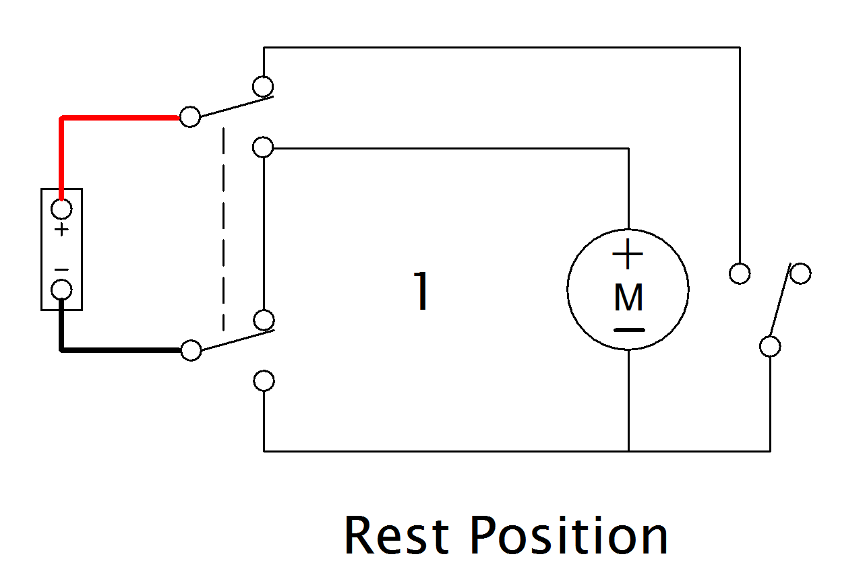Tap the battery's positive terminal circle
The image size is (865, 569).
tap(61, 209)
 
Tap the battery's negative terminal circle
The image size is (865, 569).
tap(61, 290)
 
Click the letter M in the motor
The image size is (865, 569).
tap(628, 298)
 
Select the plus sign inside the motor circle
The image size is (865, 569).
tap(628, 255)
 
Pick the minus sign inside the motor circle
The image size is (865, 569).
tap(628, 330)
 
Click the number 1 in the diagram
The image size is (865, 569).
tap(421, 292)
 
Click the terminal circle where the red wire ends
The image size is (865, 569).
tap(190, 116)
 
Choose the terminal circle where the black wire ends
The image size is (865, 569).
tap(191, 350)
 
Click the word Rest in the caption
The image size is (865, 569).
tap(396, 535)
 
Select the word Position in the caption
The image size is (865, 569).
tap(568, 535)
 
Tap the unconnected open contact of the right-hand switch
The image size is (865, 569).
tap(800, 273)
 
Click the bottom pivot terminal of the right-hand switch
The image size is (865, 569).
tap(770, 346)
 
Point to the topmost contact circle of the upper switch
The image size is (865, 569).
tap(263, 86)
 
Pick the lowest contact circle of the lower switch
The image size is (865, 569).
tap(264, 380)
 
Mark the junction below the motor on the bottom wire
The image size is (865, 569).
tap(628, 451)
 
